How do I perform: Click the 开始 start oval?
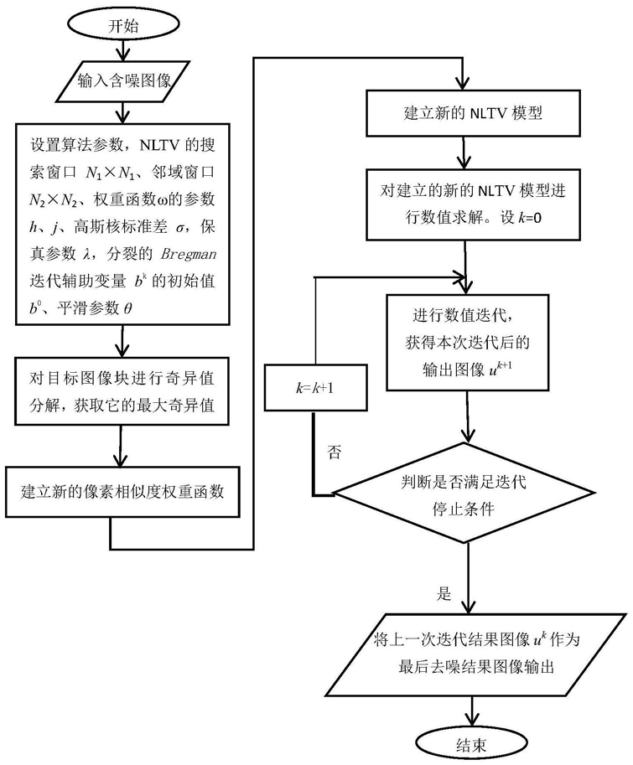tap(123, 25)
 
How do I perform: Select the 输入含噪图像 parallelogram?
tap(123, 81)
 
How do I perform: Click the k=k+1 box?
tap(316, 388)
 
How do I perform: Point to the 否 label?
tap(335, 452)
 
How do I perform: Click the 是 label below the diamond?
tap(444, 594)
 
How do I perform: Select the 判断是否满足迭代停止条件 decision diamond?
tap(464, 494)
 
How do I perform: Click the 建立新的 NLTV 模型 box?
tap(473, 113)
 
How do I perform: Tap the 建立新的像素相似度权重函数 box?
tap(122, 491)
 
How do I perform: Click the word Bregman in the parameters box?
tap(189, 254)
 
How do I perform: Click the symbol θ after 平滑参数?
tap(127, 308)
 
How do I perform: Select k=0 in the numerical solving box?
tap(530, 218)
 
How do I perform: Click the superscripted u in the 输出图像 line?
tap(493, 371)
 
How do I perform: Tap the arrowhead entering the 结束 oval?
tap(471, 721)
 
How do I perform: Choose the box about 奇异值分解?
tap(122, 391)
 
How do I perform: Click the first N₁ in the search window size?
tap(94, 173)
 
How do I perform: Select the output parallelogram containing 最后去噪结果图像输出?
tap(476, 654)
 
